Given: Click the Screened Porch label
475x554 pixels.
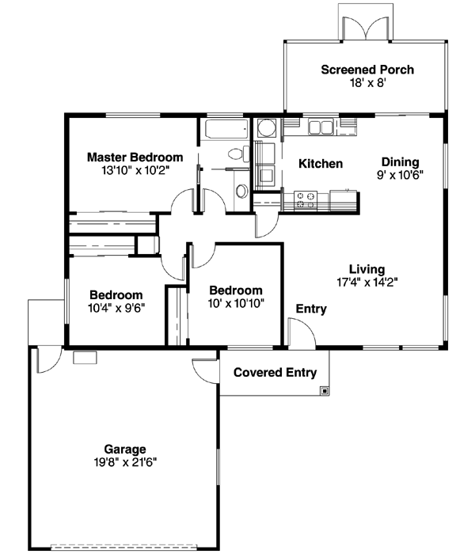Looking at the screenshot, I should pyautogui.click(x=367, y=70).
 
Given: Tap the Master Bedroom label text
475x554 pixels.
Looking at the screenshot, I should pyautogui.click(x=135, y=157).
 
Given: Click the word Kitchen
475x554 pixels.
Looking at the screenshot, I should pyautogui.click(x=320, y=164).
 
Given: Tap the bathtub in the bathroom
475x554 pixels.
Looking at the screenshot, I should pyautogui.click(x=226, y=129).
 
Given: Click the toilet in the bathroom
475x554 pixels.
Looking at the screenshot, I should pyautogui.click(x=235, y=154).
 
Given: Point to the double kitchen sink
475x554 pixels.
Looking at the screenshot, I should pyautogui.click(x=321, y=127).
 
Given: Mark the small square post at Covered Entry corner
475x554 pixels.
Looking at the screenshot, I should pyautogui.click(x=325, y=390).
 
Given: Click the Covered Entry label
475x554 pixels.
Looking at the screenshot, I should pyautogui.click(x=275, y=373).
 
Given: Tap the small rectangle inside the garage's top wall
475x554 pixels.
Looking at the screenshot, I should pyautogui.click(x=84, y=358).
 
